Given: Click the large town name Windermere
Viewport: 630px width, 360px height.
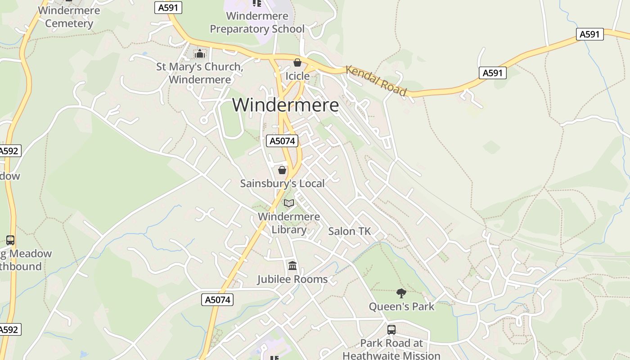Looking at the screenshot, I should tap(285, 105).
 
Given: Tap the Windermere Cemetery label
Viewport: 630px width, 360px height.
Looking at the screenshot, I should tap(69, 17).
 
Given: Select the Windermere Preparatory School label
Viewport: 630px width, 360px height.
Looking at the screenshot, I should tap(257, 22).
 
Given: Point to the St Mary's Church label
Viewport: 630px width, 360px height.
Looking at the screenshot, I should tap(199, 73).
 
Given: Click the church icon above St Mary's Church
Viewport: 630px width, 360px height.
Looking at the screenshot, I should tap(199, 54).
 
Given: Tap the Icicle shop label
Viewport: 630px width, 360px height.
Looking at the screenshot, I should tap(297, 76).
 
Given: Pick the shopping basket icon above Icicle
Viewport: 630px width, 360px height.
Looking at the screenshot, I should tap(297, 63).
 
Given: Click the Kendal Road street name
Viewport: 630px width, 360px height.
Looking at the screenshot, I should tap(376, 81).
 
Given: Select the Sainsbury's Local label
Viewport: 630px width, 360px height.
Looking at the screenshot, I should tap(282, 184).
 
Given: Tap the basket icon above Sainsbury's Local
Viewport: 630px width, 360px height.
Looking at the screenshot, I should tap(282, 170).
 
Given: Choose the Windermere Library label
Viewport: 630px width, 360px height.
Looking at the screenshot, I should tap(289, 223).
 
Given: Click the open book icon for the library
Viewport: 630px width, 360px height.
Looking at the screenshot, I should tap(289, 203).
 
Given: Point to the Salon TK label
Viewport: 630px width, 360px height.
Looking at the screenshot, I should tap(349, 231).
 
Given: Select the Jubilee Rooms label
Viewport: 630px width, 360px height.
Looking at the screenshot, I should tap(292, 279).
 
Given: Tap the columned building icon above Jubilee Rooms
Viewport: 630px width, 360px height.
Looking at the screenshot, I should tap(292, 266).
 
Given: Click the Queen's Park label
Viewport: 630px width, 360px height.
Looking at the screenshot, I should tap(401, 307).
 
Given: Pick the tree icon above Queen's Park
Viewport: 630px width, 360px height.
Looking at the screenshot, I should tap(401, 293).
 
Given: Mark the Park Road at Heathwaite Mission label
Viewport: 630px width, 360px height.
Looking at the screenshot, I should tap(391, 349).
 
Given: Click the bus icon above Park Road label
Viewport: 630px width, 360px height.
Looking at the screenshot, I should tap(391, 329).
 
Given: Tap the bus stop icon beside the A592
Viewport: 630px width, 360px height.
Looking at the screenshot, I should tap(10, 240).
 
